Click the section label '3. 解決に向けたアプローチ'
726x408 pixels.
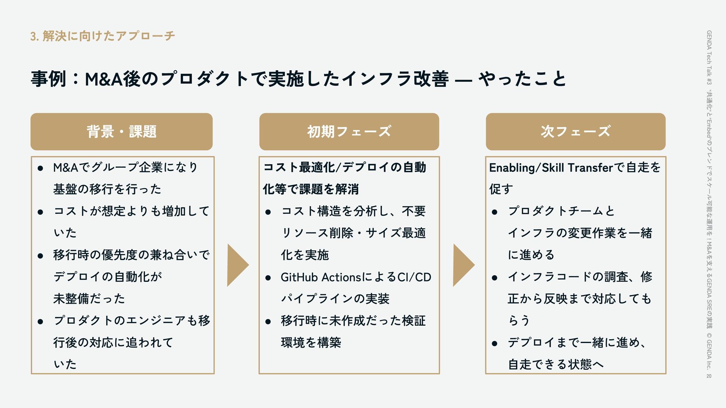(x=102, y=36)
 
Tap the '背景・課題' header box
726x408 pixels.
(x=121, y=131)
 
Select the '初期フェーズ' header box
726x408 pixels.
(x=349, y=131)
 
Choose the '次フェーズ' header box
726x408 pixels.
(x=576, y=131)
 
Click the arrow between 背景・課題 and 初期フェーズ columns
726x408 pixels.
(x=237, y=265)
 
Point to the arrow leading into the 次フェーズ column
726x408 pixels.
(x=463, y=265)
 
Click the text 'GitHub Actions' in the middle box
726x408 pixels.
(x=321, y=277)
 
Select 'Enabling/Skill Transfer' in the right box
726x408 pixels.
(x=551, y=167)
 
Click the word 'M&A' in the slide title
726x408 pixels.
(x=103, y=79)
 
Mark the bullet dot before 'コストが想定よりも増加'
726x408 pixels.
(x=40, y=212)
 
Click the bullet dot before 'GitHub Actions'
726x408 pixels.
(x=268, y=278)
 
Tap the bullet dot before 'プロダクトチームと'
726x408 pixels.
(x=494, y=212)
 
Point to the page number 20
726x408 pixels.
(x=709, y=376)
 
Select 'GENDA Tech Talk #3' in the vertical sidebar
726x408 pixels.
(x=709, y=57)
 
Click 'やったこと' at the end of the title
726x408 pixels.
(x=522, y=79)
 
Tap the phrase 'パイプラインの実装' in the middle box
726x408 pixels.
(x=335, y=299)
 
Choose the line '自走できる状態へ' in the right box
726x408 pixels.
(x=555, y=365)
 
